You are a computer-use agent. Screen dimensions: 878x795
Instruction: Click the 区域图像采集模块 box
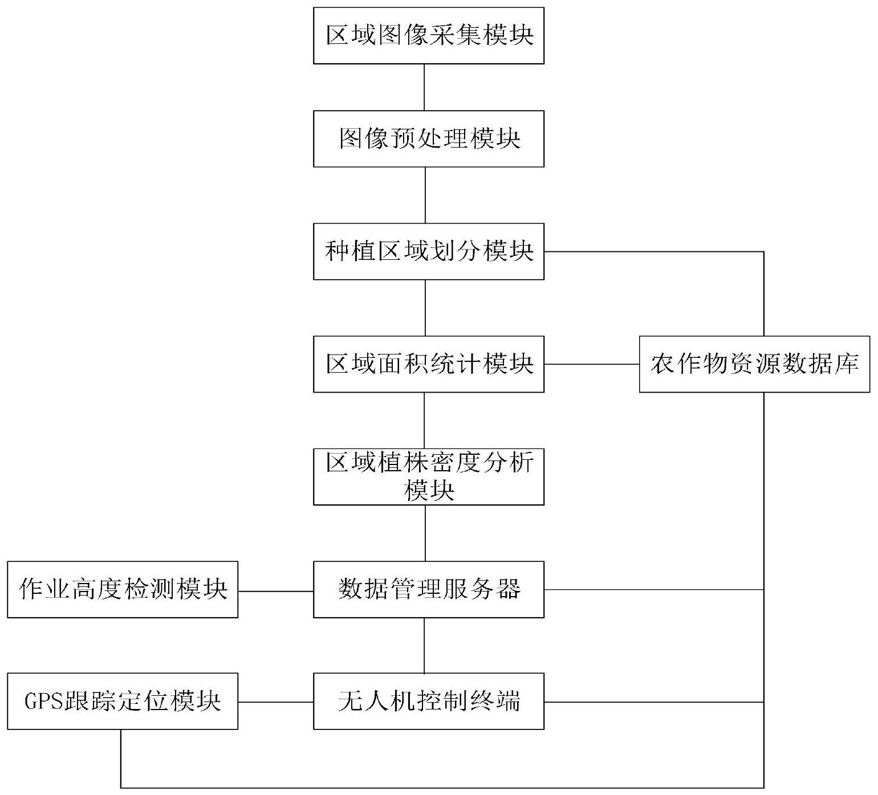(x=429, y=35)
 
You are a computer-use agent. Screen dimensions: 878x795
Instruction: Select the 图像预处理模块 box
(x=429, y=138)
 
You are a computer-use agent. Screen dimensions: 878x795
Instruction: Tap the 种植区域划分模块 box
(x=429, y=251)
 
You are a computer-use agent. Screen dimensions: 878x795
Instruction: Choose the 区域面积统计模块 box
(x=429, y=364)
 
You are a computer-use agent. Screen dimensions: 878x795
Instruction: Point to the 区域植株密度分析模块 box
(x=429, y=477)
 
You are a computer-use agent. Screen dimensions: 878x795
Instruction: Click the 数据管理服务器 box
(x=429, y=589)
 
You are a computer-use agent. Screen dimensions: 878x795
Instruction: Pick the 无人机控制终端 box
(x=429, y=702)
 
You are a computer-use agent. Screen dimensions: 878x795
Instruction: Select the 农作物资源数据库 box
(x=755, y=364)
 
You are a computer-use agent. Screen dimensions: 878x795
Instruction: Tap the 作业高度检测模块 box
(x=123, y=589)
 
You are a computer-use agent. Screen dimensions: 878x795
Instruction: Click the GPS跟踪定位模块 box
(x=123, y=702)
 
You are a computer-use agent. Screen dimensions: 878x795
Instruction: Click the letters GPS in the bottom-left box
(x=43, y=702)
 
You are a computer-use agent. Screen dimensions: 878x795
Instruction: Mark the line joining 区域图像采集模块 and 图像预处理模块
(x=424, y=87)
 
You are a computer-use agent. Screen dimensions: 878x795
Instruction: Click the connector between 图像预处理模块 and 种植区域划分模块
(x=425, y=195)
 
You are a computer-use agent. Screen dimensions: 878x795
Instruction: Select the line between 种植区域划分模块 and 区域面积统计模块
(x=425, y=308)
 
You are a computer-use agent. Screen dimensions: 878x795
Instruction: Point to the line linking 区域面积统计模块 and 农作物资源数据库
(x=592, y=364)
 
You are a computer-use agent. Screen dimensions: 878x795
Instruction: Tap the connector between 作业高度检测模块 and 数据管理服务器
(x=276, y=591)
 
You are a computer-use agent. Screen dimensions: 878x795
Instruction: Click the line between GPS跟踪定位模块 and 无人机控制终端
(x=276, y=702)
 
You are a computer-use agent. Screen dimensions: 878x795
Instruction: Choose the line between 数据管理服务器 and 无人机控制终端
(x=424, y=646)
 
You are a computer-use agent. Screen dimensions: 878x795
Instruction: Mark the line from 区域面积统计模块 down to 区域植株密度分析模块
(x=424, y=421)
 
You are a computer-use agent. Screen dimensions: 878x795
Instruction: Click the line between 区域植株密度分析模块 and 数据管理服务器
(x=425, y=533)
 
